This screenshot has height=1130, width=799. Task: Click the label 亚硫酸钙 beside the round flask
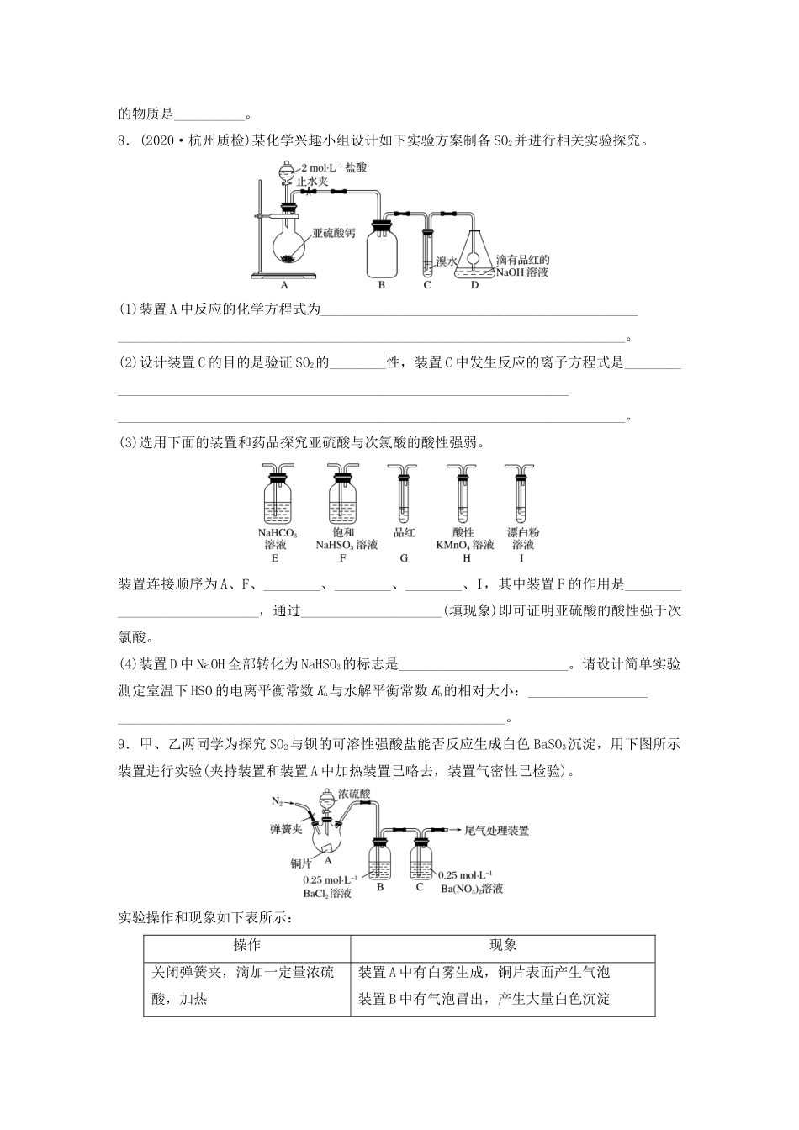[x=334, y=233]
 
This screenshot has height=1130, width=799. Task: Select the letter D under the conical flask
[x=474, y=285]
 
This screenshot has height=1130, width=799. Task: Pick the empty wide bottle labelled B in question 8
[x=382, y=250]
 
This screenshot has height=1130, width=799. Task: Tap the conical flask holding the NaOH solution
[x=474, y=252]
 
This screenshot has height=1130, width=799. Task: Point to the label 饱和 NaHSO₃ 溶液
[x=346, y=538]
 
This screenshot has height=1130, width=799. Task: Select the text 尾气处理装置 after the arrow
[x=497, y=831]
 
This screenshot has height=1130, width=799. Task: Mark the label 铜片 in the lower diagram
[x=301, y=863]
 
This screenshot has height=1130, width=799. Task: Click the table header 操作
[x=246, y=945]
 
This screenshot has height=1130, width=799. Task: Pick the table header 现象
[x=503, y=945]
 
